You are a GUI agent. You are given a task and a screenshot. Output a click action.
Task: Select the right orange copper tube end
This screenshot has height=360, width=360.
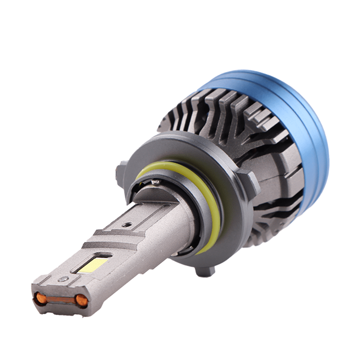coord(81,300)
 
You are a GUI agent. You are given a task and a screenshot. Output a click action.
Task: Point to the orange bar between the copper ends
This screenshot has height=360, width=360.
coord(61,299)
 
